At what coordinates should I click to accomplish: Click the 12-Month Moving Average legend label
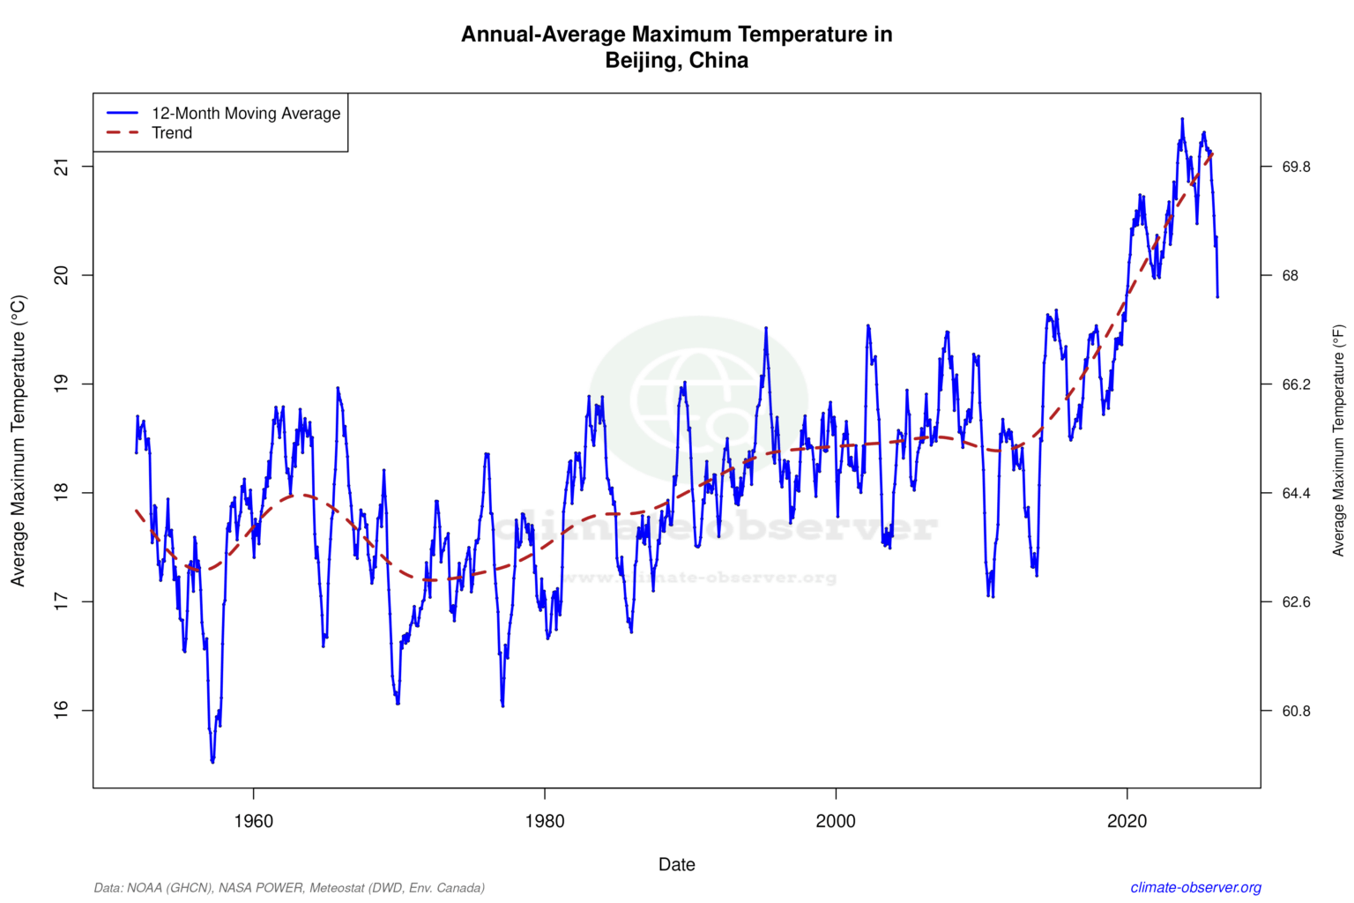pyautogui.click(x=245, y=113)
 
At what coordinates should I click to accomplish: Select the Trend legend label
pyautogui.click(x=172, y=133)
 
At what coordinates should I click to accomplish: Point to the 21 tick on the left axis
pyautogui.click(x=61, y=167)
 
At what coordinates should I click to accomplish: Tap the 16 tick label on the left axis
pyautogui.click(x=61, y=710)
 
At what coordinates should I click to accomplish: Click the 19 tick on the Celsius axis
pyautogui.click(x=61, y=384)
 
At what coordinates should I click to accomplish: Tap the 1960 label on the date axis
pyautogui.click(x=253, y=822)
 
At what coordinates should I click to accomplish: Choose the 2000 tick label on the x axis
pyautogui.click(x=836, y=822)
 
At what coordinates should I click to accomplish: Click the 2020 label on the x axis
pyautogui.click(x=1127, y=822)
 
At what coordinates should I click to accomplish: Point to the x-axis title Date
pyautogui.click(x=676, y=865)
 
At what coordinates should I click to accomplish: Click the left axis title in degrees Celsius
pyautogui.click(x=19, y=440)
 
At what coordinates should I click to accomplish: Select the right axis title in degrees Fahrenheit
pyautogui.click(x=1338, y=440)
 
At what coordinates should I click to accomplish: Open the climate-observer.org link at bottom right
pyautogui.click(x=1195, y=888)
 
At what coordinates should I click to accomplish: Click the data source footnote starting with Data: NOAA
pyautogui.click(x=289, y=888)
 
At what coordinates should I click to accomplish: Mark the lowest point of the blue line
pyautogui.click(x=212, y=761)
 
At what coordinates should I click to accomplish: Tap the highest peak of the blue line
pyautogui.click(x=1182, y=118)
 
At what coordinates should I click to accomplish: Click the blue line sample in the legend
pyautogui.click(x=123, y=113)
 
